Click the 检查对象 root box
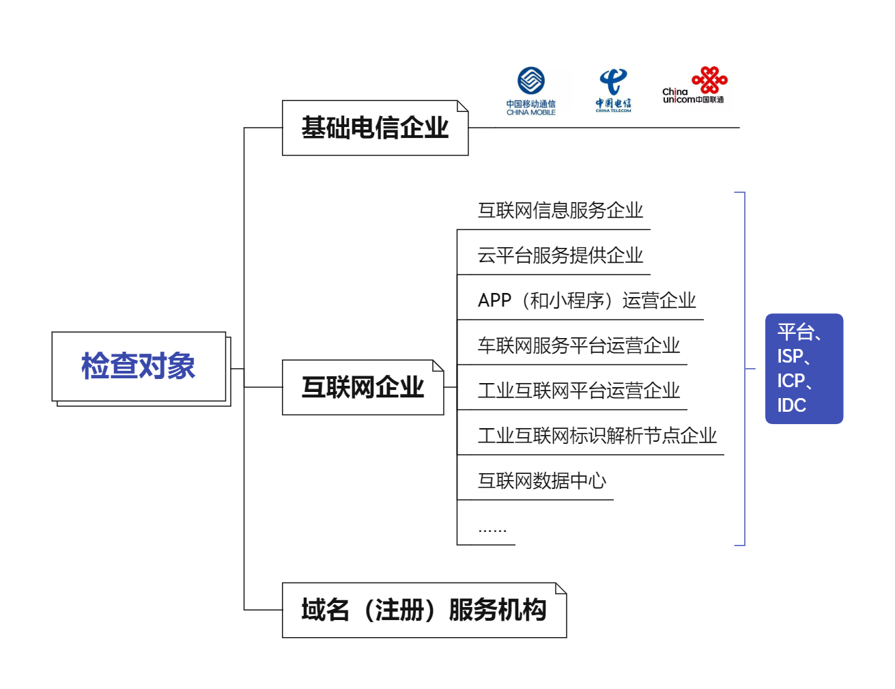pos(139,367)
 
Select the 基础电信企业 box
pos(375,128)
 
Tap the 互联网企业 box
pos(363,387)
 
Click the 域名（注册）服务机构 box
pos(423,610)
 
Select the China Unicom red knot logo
pos(710,80)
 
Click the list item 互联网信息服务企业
pos(560,210)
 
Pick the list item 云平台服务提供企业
pos(560,255)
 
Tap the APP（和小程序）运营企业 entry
pos(586,300)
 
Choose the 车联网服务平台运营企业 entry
pos(578,346)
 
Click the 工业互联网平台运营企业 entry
pos(578,391)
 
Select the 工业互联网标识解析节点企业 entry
pos(597,436)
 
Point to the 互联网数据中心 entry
pos(541,481)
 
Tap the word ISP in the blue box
pos(790,356)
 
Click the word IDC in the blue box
pos(791,406)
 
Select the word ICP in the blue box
pos(791,381)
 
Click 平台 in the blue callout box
pos(795,333)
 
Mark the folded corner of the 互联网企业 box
pos(438,366)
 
